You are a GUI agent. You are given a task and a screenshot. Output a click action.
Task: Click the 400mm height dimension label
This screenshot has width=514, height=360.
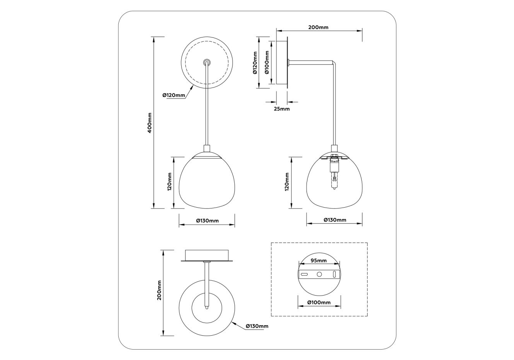pyautogui.click(x=150, y=122)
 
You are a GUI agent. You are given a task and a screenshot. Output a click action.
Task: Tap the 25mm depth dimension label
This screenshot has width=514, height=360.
pyautogui.click(x=281, y=109)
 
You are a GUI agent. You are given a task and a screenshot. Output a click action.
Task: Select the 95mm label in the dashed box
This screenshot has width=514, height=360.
pyautogui.click(x=319, y=260)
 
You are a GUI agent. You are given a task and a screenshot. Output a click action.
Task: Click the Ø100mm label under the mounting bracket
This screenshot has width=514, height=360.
pyautogui.click(x=320, y=303)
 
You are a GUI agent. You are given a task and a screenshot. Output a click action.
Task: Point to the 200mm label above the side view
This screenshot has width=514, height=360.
pyautogui.click(x=318, y=27)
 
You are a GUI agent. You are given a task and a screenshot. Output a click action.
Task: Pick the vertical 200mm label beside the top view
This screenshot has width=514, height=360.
pyautogui.click(x=159, y=290)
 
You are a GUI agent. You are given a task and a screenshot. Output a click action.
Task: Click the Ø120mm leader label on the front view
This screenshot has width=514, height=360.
pyautogui.click(x=174, y=95)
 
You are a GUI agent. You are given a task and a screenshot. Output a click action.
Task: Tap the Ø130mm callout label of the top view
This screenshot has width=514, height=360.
pyautogui.click(x=257, y=326)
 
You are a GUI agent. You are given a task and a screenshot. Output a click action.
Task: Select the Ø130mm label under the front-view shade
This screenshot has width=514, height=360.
pyautogui.click(x=207, y=221)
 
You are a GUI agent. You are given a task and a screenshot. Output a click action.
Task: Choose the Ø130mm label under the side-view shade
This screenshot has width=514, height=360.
pyautogui.click(x=335, y=220)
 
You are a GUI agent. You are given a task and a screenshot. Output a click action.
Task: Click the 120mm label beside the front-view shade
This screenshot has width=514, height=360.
pyautogui.click(x=169, y=182)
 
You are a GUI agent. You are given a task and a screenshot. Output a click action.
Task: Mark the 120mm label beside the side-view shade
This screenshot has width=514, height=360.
pyautogui.click(x=287, y=182)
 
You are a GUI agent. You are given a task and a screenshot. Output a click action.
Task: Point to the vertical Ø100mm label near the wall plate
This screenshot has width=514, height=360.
pyautogui.click(x=266, y=63)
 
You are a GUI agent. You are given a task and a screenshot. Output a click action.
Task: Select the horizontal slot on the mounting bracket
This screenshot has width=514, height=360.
pyautogui.click(x=305, y=274)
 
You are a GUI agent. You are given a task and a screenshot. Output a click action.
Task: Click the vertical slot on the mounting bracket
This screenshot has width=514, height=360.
pyautogui.click(x=334, y=274)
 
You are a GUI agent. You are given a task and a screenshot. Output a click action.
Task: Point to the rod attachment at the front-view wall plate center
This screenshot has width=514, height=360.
pyautogui.click(x=207, y=62)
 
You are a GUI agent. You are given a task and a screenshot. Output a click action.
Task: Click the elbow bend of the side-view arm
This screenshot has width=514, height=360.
pyautogui.click(x=334, y=63)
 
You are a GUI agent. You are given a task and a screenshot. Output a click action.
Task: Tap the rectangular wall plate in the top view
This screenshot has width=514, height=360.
pyautogui.click(x=207, y=255)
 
